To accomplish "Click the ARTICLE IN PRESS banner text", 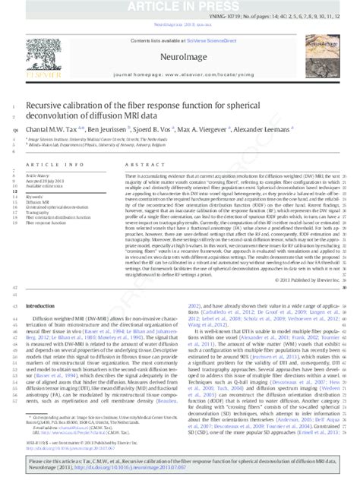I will [x=180, y=5].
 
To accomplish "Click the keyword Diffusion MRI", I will [x=38, y=202].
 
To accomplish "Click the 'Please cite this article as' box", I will [x=180, y=464].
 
